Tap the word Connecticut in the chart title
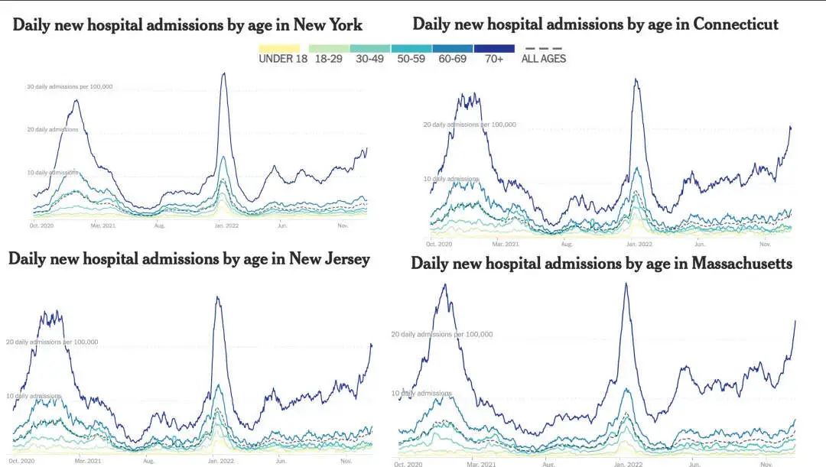click(736, 24)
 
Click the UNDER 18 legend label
click(283, 59)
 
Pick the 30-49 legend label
click(370, 59)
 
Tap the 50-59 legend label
click(411, 59)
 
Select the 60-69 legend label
click(453, 59)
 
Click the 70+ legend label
click(493, 59)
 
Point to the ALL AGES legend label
click(544, 59)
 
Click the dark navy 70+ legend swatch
click(494, 48)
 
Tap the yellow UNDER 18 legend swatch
click(278, 48)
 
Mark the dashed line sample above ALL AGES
click(543, 48)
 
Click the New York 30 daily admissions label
click(70, 87)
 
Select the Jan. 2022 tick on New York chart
click(223, 225)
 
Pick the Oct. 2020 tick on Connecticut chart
click(441, 244)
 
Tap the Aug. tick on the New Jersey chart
click(148, 461)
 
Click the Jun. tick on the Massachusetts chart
click(694, 463)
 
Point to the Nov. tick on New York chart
click(343, 225)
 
